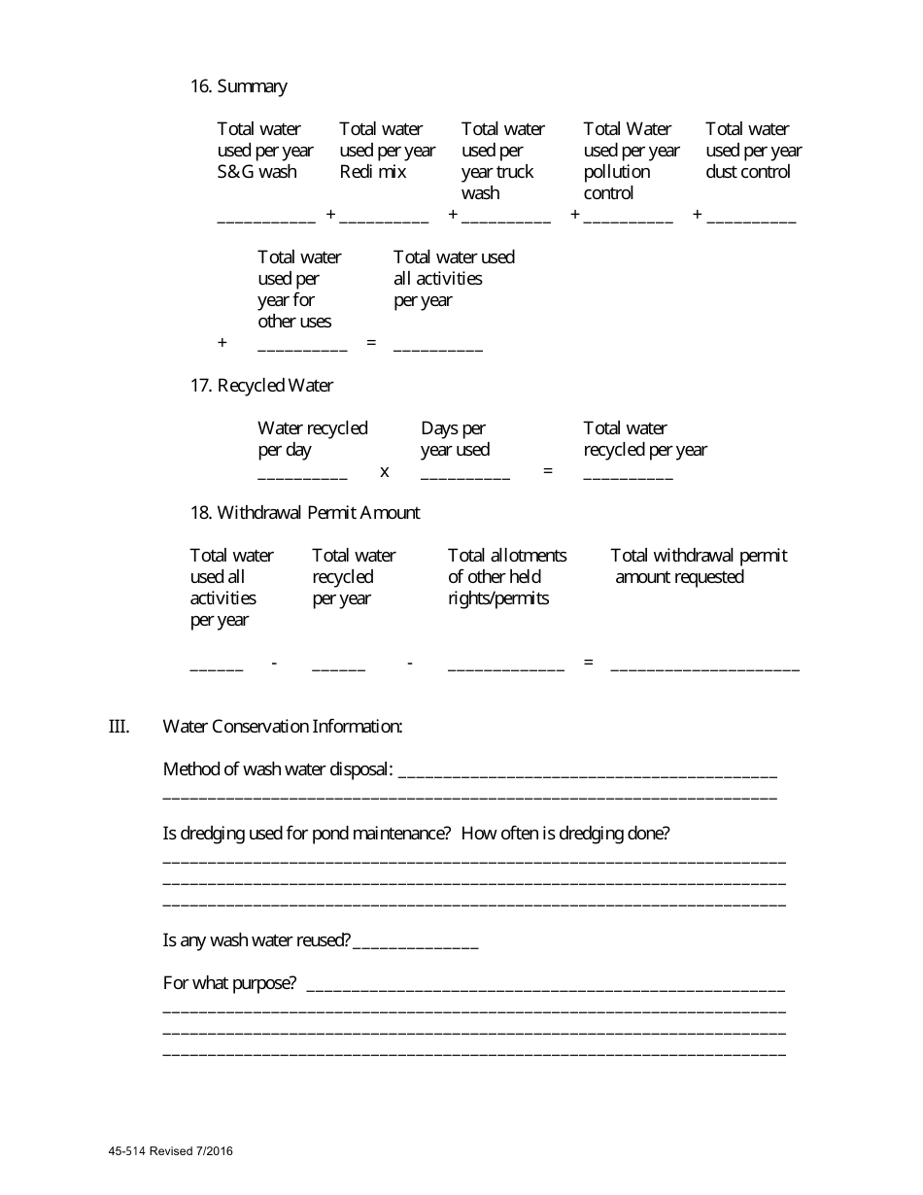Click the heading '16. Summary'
click(238, 86)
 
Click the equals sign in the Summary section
click(370, 343)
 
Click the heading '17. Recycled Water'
click(261, 386)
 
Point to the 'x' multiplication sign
click(385, 471)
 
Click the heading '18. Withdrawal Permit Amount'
click(305, 513)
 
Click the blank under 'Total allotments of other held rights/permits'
click(505, 667)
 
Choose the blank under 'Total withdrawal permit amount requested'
click(704, 667)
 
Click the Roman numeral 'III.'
click(119, 726)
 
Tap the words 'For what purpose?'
click(229, 983)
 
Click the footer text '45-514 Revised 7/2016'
click(171, 1152)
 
